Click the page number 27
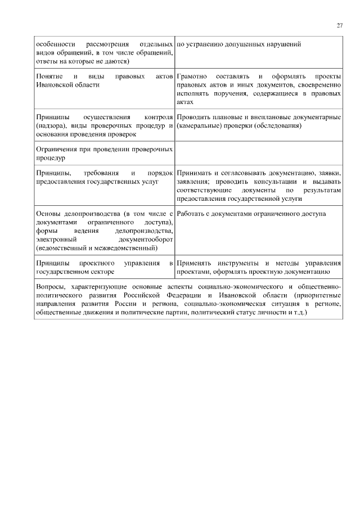(340, 25)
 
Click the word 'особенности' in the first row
(53, 44)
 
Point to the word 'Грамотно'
(192, 76)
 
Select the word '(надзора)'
(49, 126)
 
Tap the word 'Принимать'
(194, 174)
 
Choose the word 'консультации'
(280, 182)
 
